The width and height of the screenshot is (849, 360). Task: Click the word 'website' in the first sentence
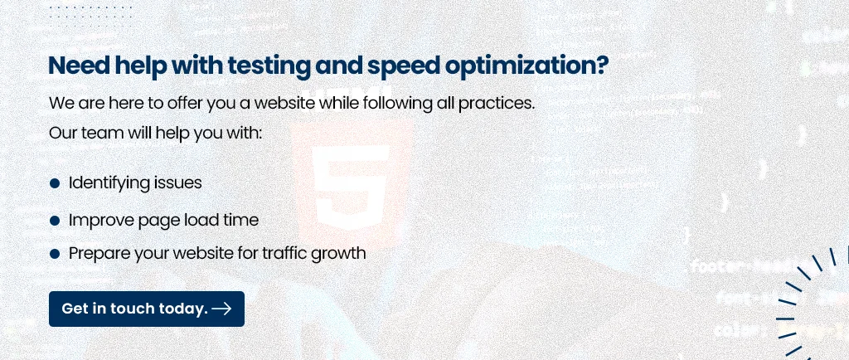click(284, 103)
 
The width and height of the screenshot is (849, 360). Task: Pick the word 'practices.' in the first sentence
click(497, 104)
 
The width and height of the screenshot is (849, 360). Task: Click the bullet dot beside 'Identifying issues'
click(54, 183)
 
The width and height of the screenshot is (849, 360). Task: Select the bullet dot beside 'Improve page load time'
click(54, 221)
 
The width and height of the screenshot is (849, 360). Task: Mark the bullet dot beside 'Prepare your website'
click(54, 253)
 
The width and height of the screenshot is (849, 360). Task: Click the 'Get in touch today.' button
click(147, 309)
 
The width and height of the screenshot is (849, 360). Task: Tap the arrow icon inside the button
click(221, 309)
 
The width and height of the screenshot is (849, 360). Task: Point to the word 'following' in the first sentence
click(397, 104)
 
